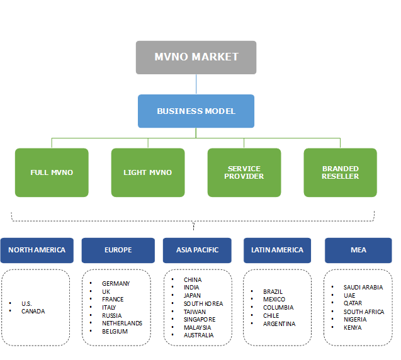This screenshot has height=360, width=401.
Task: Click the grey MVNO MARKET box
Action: (196, 57)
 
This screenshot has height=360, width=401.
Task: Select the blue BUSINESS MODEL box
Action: (196, 111)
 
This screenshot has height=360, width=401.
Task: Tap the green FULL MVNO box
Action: (52, 172)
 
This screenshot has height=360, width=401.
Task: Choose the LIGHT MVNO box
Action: (148, 172)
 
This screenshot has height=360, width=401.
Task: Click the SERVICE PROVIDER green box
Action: (244, 172)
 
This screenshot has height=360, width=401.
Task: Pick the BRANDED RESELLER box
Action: (340, 172)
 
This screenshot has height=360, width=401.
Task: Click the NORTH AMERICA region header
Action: (37, 250)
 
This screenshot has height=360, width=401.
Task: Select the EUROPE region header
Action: (118, 250)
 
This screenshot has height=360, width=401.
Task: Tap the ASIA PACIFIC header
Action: (198, 250)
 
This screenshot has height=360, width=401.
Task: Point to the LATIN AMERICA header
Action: (277, 250)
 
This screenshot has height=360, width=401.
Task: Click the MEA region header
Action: (358, 250)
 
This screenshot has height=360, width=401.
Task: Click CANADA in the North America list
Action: (33, 311)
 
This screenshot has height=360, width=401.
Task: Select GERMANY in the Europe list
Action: (116, 283)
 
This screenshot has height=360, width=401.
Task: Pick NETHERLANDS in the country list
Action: (121, 323)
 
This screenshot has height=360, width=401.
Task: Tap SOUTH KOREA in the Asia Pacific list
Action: (203, 303)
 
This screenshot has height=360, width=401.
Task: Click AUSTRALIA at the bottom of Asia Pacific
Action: (198, 335)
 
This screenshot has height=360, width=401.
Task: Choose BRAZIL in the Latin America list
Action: (273, 291)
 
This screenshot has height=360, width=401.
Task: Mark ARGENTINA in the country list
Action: (280, 323)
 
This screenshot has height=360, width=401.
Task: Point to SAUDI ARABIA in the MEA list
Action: (363, 287)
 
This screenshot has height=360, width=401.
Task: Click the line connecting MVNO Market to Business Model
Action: (196, 84)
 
